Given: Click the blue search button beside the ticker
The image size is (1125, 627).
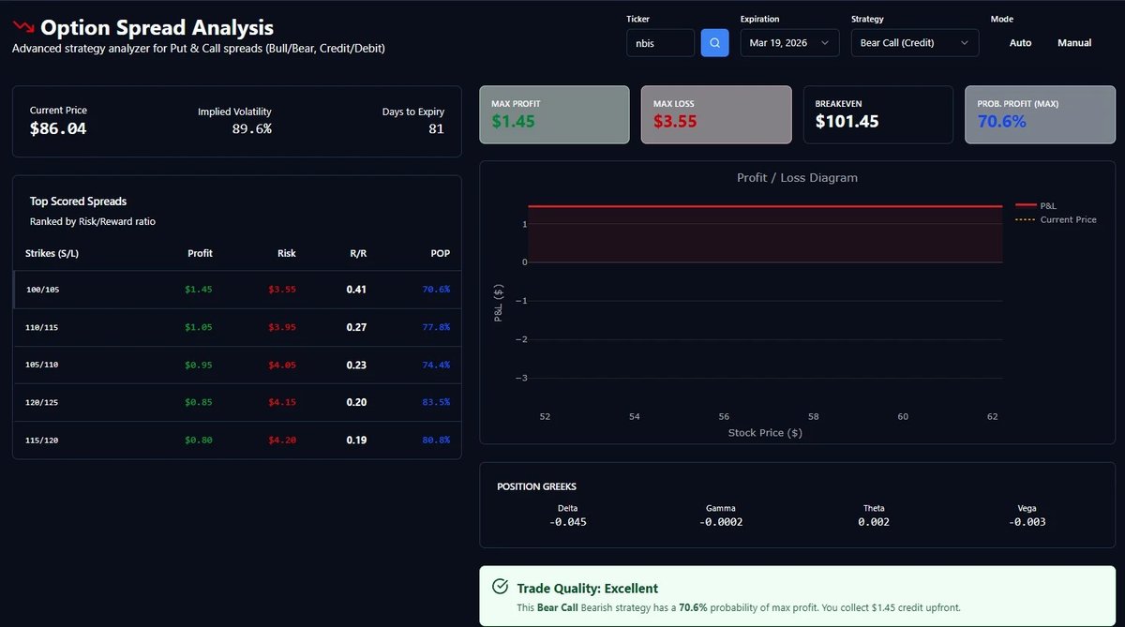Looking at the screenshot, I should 714,43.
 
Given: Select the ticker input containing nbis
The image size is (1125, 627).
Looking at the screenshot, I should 660,43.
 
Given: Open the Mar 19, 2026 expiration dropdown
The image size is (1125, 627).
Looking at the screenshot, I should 789,43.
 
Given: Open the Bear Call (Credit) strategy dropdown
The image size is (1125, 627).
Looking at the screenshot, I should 914,43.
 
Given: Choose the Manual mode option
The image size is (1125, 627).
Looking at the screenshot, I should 1074,43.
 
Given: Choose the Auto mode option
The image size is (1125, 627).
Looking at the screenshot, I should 1020,43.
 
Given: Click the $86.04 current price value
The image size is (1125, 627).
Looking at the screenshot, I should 58,128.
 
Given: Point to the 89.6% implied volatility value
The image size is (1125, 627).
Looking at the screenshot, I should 251,128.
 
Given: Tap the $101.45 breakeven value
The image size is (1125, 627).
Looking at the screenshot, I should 847,121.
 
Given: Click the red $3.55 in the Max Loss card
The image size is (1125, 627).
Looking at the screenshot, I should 675,121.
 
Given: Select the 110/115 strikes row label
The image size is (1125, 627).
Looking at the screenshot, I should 44,327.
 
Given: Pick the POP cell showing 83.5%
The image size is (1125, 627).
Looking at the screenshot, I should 436,402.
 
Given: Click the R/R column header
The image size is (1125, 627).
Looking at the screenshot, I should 356,253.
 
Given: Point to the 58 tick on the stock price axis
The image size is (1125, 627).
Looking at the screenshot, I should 813,416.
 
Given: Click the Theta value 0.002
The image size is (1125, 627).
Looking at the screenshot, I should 874,522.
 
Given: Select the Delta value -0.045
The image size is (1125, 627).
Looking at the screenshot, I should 567,522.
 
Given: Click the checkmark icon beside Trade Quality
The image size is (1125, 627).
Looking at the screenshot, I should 501,587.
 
